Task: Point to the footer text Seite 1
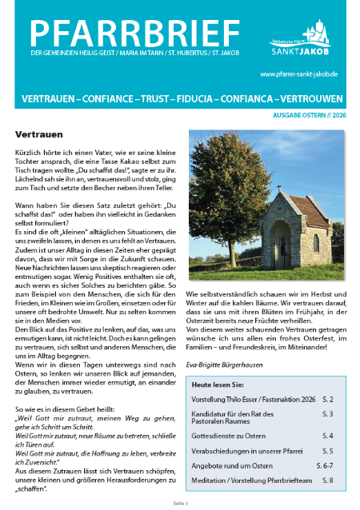180,503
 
